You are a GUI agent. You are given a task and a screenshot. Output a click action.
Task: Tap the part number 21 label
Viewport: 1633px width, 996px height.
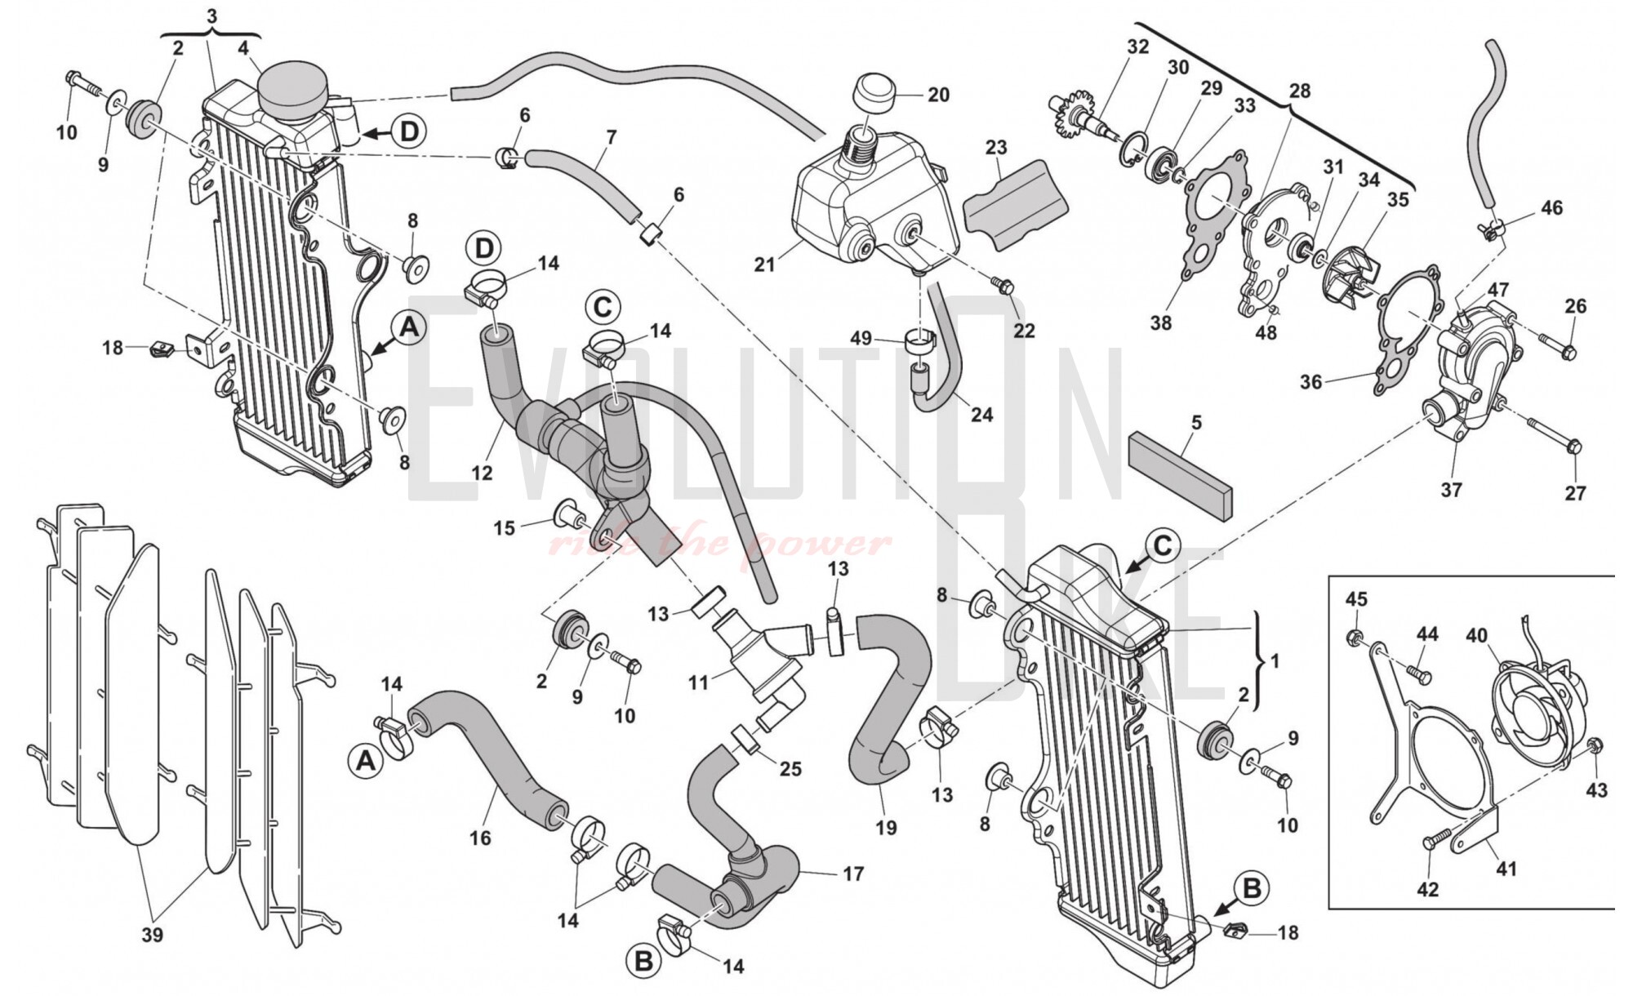pos(764,265)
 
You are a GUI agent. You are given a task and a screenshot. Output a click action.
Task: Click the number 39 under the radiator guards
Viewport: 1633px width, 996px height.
pos(153,935)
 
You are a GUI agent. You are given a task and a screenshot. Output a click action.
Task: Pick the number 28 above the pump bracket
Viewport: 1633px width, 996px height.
pos(1298,91)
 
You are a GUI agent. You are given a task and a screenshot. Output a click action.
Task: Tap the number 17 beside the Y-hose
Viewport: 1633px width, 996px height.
pos(852,874)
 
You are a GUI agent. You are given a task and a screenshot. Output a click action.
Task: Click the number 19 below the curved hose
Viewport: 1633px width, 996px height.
pos(886,828)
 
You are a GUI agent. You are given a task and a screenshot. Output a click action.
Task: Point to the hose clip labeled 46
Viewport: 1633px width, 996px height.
pos(1490,231)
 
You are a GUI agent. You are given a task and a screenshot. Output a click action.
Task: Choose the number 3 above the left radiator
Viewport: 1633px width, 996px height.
pos(211,16)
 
